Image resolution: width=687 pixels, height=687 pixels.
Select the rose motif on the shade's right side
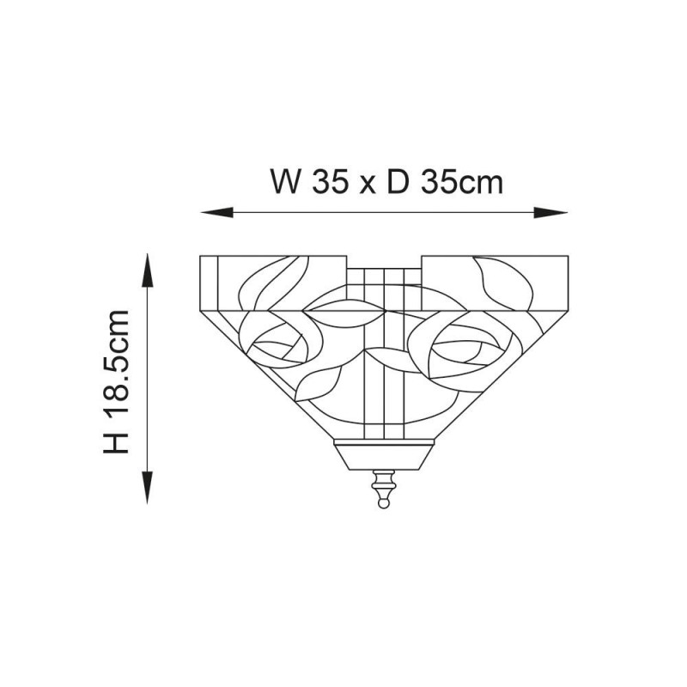[464, 344]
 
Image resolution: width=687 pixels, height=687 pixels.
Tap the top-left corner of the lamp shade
[200, 256]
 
